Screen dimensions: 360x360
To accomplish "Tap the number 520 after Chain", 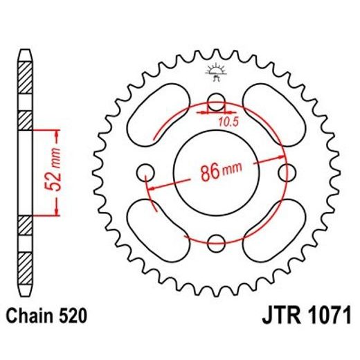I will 73,317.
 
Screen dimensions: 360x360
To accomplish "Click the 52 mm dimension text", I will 60,171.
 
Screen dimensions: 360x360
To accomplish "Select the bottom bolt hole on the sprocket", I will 217,242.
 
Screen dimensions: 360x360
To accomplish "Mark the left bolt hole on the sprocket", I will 146,172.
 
